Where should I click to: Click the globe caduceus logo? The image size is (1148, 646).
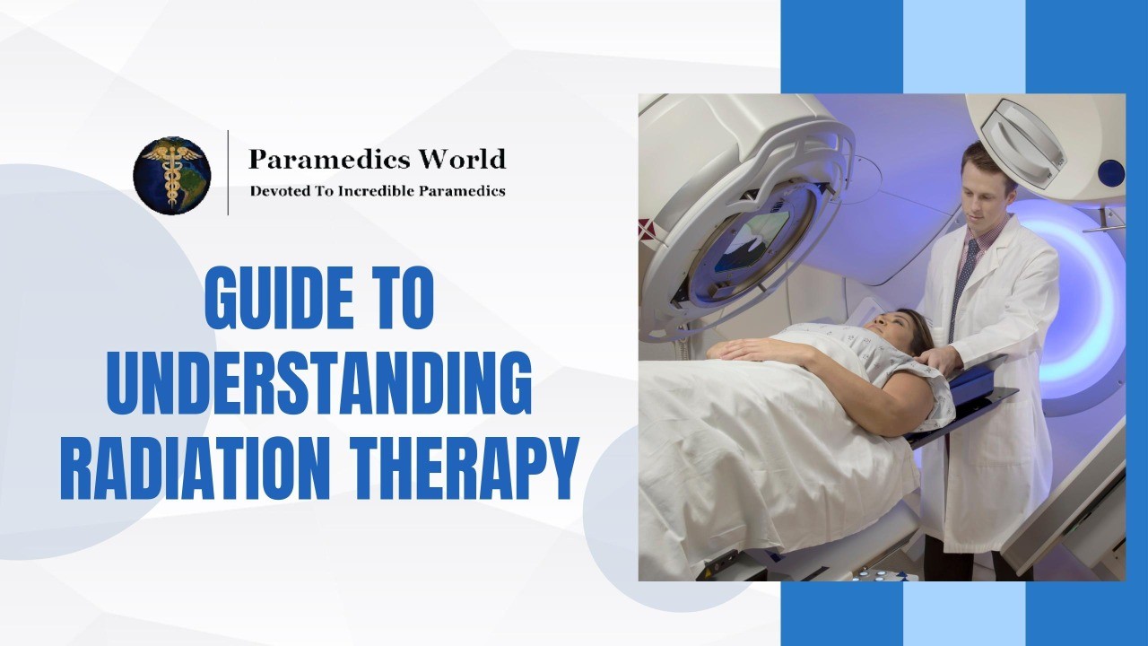tap(172, 175)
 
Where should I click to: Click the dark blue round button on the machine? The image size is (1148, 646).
tap(1110, 172)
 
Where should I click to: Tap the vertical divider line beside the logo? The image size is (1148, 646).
tap(228, 173)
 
